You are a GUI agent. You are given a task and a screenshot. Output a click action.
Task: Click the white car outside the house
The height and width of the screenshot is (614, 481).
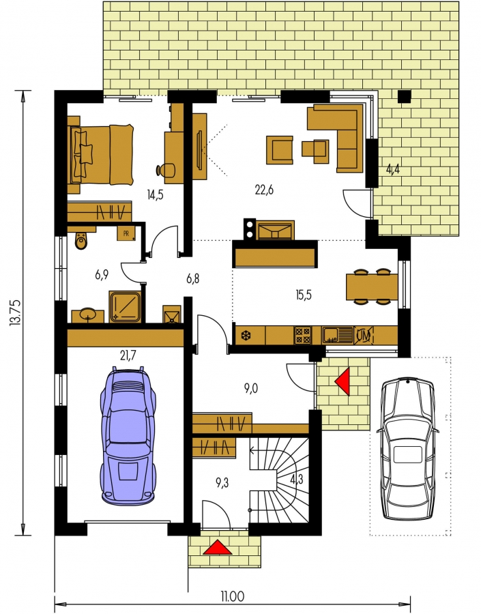pos(408,449)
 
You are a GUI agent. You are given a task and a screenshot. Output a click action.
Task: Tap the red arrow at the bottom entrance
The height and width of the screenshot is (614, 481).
pos(218,547)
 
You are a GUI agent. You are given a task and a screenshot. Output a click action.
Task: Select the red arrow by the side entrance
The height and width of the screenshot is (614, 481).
pos(342,381)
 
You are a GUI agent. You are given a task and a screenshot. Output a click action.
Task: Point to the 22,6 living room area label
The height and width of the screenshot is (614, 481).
pos(264,190)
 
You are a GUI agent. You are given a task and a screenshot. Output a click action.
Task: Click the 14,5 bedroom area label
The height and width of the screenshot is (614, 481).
pos(155,194)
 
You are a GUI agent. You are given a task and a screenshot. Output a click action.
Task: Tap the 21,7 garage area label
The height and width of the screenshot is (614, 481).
pos(128,355)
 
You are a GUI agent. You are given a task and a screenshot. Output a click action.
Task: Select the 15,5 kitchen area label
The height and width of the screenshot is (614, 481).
pos(304,295)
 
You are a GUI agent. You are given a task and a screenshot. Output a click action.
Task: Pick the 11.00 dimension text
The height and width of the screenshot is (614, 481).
pos(232,597)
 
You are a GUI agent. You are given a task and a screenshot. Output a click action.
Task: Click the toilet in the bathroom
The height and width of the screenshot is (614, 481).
pos(81,240)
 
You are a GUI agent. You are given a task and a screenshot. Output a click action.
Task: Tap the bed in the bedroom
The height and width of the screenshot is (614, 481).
pos(101,154)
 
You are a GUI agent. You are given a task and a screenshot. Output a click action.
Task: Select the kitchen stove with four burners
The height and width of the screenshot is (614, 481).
pos(303,336)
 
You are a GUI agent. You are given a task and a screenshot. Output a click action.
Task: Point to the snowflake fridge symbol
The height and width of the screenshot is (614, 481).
pos(246,336)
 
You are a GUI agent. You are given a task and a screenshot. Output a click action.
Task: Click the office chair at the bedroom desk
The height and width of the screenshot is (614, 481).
pos(166,170)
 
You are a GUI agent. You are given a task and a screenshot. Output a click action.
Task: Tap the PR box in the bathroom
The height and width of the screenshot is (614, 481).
pos(126,234)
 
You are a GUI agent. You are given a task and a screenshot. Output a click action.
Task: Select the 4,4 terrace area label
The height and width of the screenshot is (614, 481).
pos(393,170)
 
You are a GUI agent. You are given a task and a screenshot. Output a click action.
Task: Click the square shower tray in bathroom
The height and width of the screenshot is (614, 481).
pos(125,306)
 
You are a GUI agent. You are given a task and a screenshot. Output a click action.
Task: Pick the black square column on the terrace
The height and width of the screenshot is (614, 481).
pos(404,96)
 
